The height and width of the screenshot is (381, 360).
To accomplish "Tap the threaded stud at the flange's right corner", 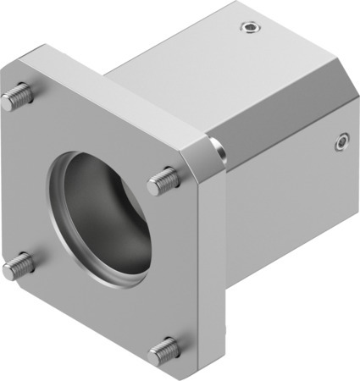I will pos(164,180).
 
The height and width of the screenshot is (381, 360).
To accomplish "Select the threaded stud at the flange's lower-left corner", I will pos(17,268).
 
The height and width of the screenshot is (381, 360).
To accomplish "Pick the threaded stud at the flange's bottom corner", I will pos(163,350).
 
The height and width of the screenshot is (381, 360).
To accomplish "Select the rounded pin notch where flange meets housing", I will pos(219,152).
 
